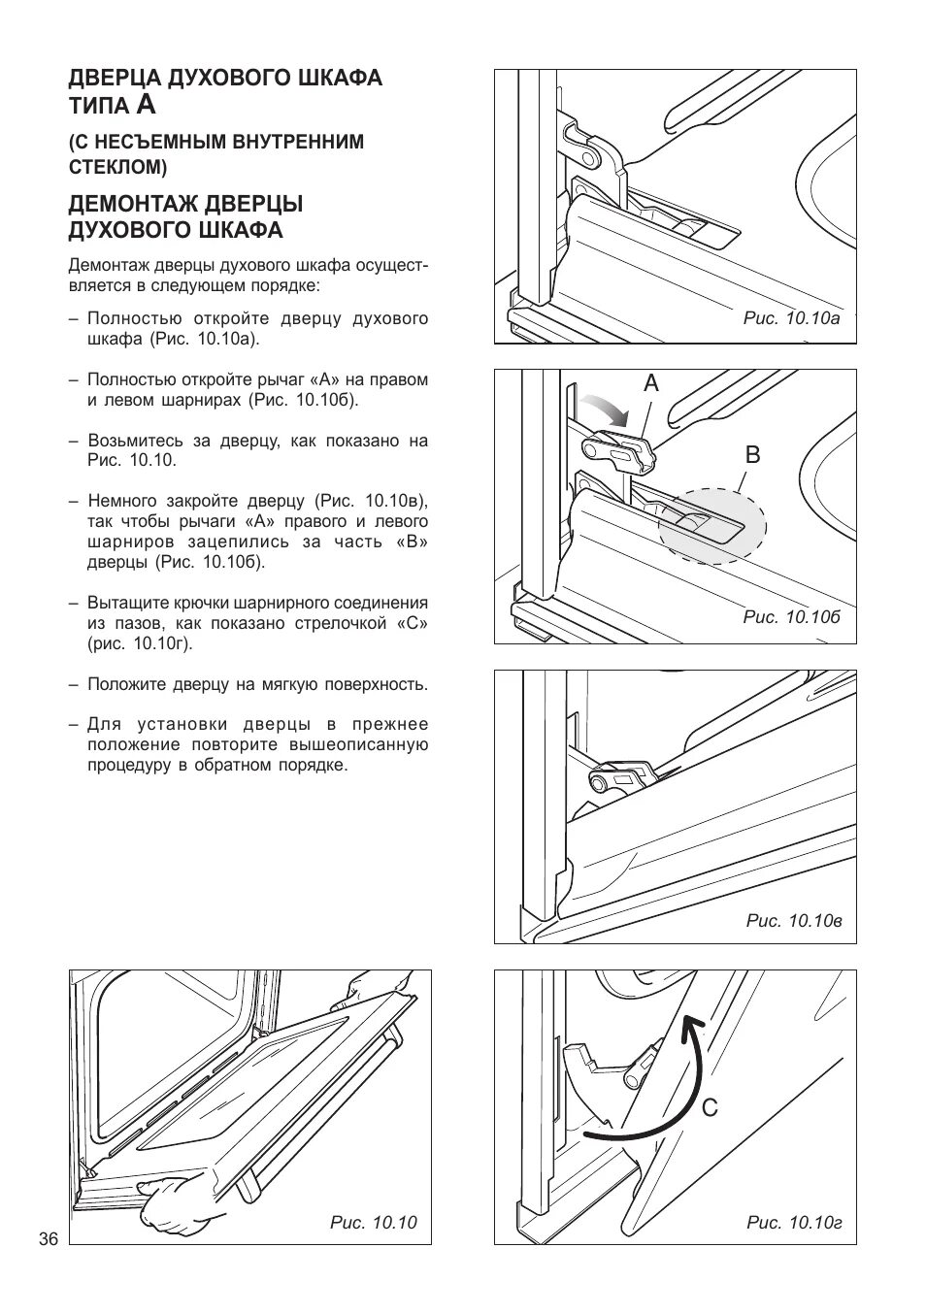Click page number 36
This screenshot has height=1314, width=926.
(49, 1239)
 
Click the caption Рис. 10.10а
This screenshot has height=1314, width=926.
(791, 317)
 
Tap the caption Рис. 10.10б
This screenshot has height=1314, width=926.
(791, 617)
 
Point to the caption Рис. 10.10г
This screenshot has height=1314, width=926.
(793, 1222)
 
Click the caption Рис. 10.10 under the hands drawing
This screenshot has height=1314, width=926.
(373, 1222)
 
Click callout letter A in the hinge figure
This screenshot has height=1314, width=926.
(650, 384)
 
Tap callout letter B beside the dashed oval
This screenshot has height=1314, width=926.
(752, 455)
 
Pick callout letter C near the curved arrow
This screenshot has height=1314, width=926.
(711, 1106)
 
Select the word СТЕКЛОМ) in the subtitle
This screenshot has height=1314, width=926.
(117, 167)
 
